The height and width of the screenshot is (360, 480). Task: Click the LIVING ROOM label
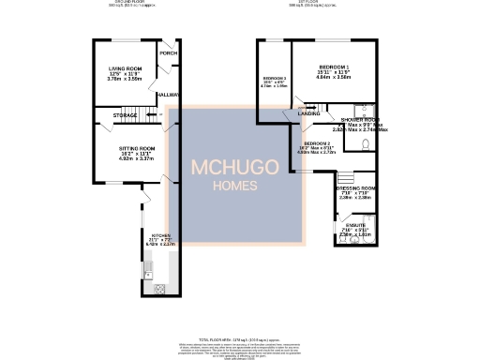(x=125, y=69)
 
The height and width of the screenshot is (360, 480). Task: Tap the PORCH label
(x=168, y=53)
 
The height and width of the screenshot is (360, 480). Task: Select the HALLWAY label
(x=168, y=95)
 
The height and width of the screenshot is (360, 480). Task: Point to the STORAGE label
(x=125, y=114)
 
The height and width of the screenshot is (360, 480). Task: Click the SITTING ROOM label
(x=136, y=148)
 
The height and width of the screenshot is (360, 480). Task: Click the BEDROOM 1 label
(x=334, y=67)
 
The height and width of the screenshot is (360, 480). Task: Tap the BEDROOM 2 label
(x=315, y=142)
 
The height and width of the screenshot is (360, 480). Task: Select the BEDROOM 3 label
(x=274, y=78)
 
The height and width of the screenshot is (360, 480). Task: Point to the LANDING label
(x=308, y=113)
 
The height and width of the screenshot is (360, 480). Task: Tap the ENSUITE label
(x=355, y=226)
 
